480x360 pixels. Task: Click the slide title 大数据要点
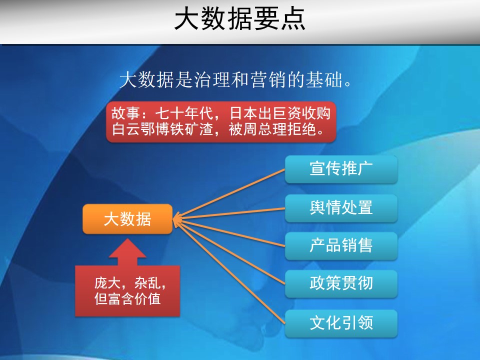(x=239, y=19)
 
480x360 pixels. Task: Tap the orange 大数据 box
(x=127, y=219)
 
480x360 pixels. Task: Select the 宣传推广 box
(x=341, y=169)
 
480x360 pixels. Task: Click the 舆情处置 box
(x=341, y=208)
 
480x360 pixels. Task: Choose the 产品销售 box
(x=341, y=246)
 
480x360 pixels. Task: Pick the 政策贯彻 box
(x=341, y=284)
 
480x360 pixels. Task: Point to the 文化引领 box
(x=341, y=323)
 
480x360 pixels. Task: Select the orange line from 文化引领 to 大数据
(x=229, y=271)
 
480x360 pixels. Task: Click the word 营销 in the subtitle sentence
(x=268, y=79)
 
